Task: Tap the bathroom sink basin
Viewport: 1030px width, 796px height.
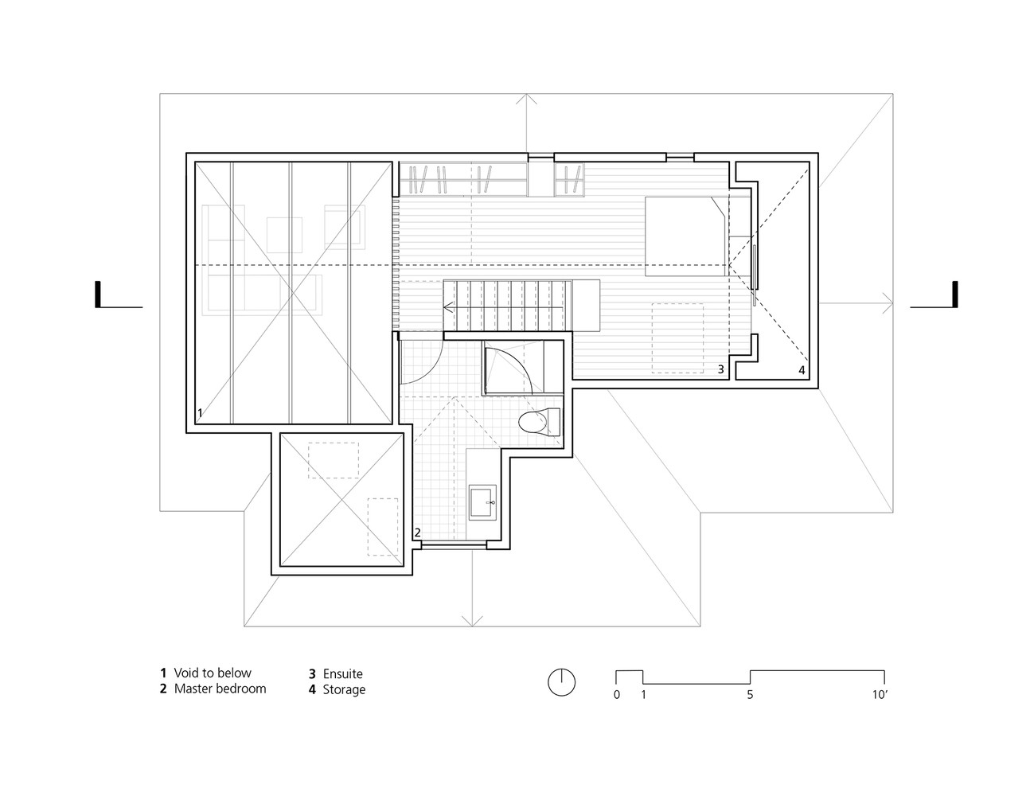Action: tap(483, 502)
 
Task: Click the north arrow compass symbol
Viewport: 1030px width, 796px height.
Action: tap(561, 682)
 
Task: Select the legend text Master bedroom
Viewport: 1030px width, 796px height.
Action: tap(220, 689)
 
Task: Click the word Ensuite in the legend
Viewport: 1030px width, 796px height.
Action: tap(342, 674)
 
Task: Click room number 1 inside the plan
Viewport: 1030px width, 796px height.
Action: tap(200, 413)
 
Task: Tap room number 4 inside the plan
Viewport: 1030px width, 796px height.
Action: tap(802, 370)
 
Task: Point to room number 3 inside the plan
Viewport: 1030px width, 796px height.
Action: tap(720, 369)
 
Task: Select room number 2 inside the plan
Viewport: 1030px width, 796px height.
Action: tap(416, 532)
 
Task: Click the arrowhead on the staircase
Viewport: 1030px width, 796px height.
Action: tap(448, 309)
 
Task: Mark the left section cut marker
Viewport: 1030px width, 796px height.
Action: tap(99, 295)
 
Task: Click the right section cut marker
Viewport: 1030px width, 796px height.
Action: tap(954, 295)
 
